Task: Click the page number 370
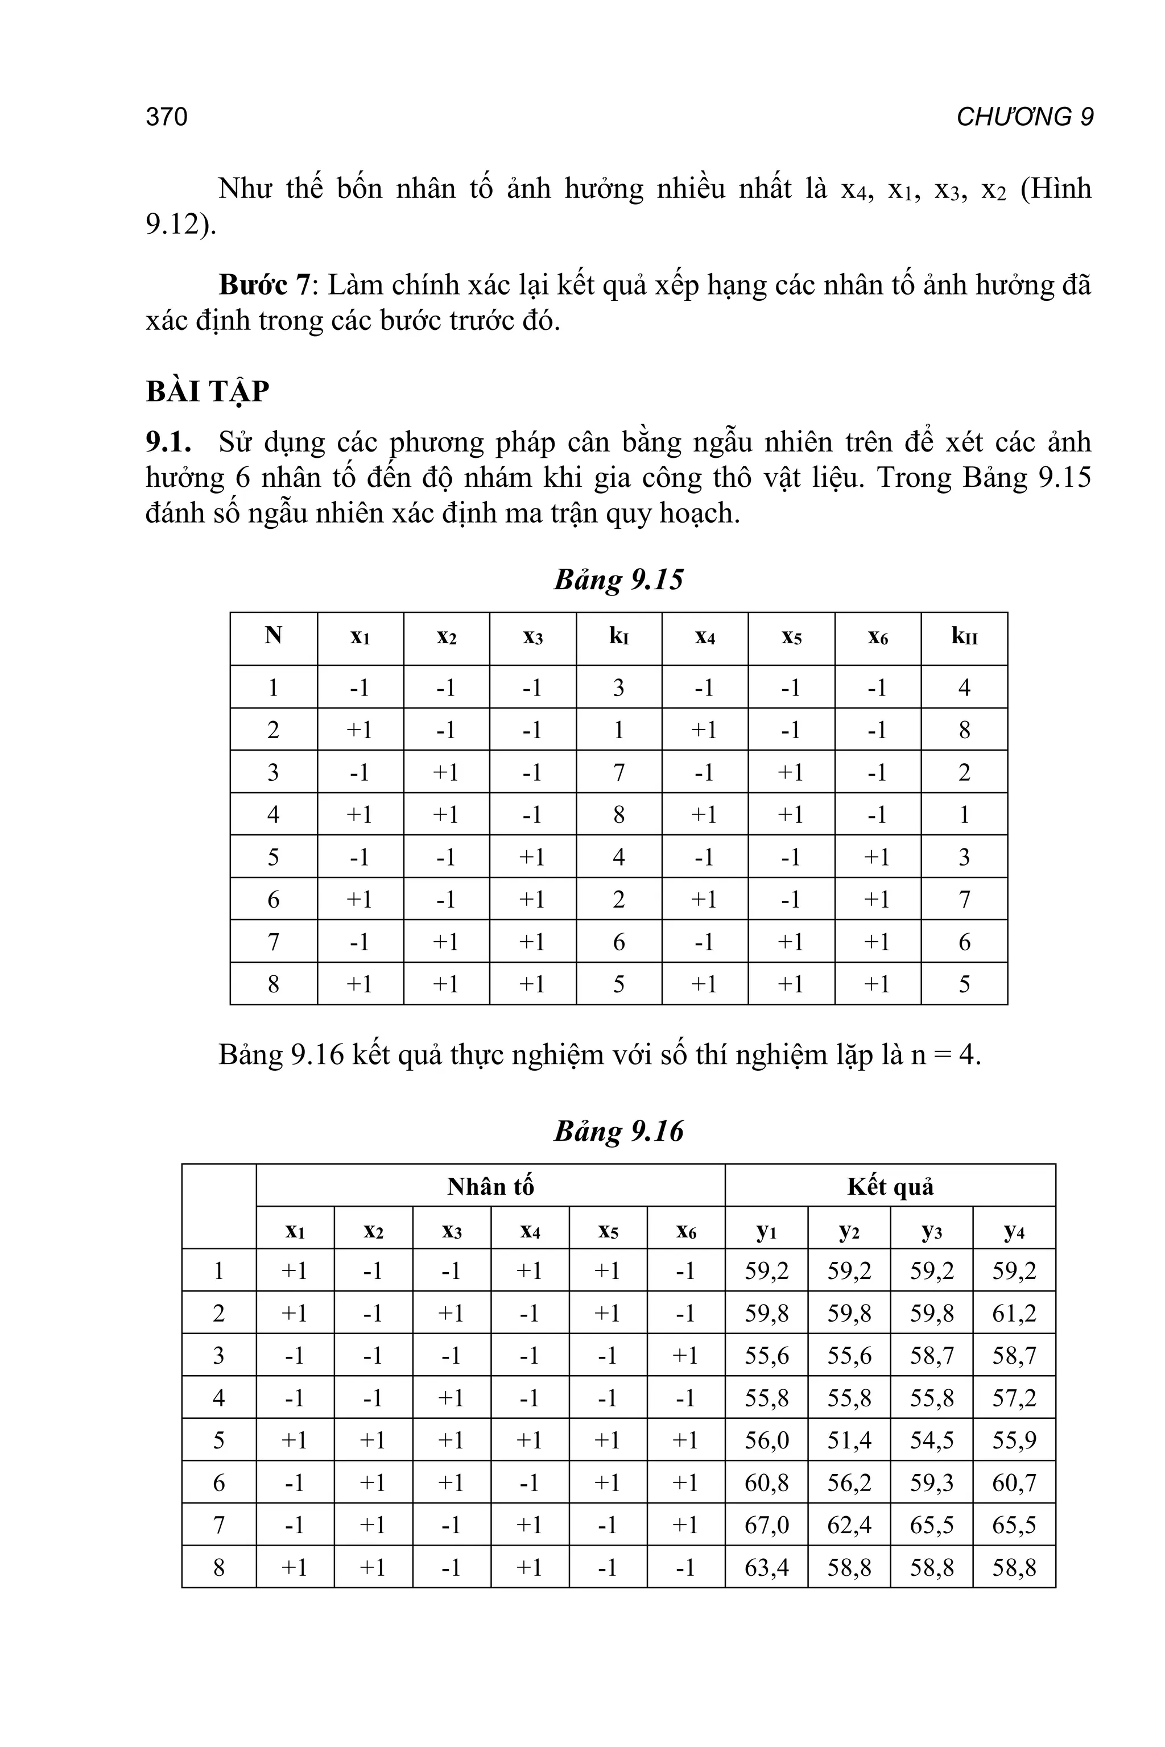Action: point(167,117)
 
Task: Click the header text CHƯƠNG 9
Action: point(1024,117)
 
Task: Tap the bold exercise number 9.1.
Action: point(168,442)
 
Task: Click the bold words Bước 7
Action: point(264,285)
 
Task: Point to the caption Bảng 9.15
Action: point(618,579)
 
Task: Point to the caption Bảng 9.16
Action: point(618,1131)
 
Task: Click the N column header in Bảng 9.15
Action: point(274,636)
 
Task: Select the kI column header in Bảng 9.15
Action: point(618,636)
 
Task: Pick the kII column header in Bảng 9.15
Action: point(964,636)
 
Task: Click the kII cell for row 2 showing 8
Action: point(964,730)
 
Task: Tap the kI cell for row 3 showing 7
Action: point(618,772)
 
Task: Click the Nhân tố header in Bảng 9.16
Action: point(490,1187)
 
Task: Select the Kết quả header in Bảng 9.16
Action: point(890,1187)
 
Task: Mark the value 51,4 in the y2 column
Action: point(849,1440)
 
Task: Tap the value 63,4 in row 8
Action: point(766,1567)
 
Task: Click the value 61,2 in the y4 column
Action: point(1014,1313)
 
